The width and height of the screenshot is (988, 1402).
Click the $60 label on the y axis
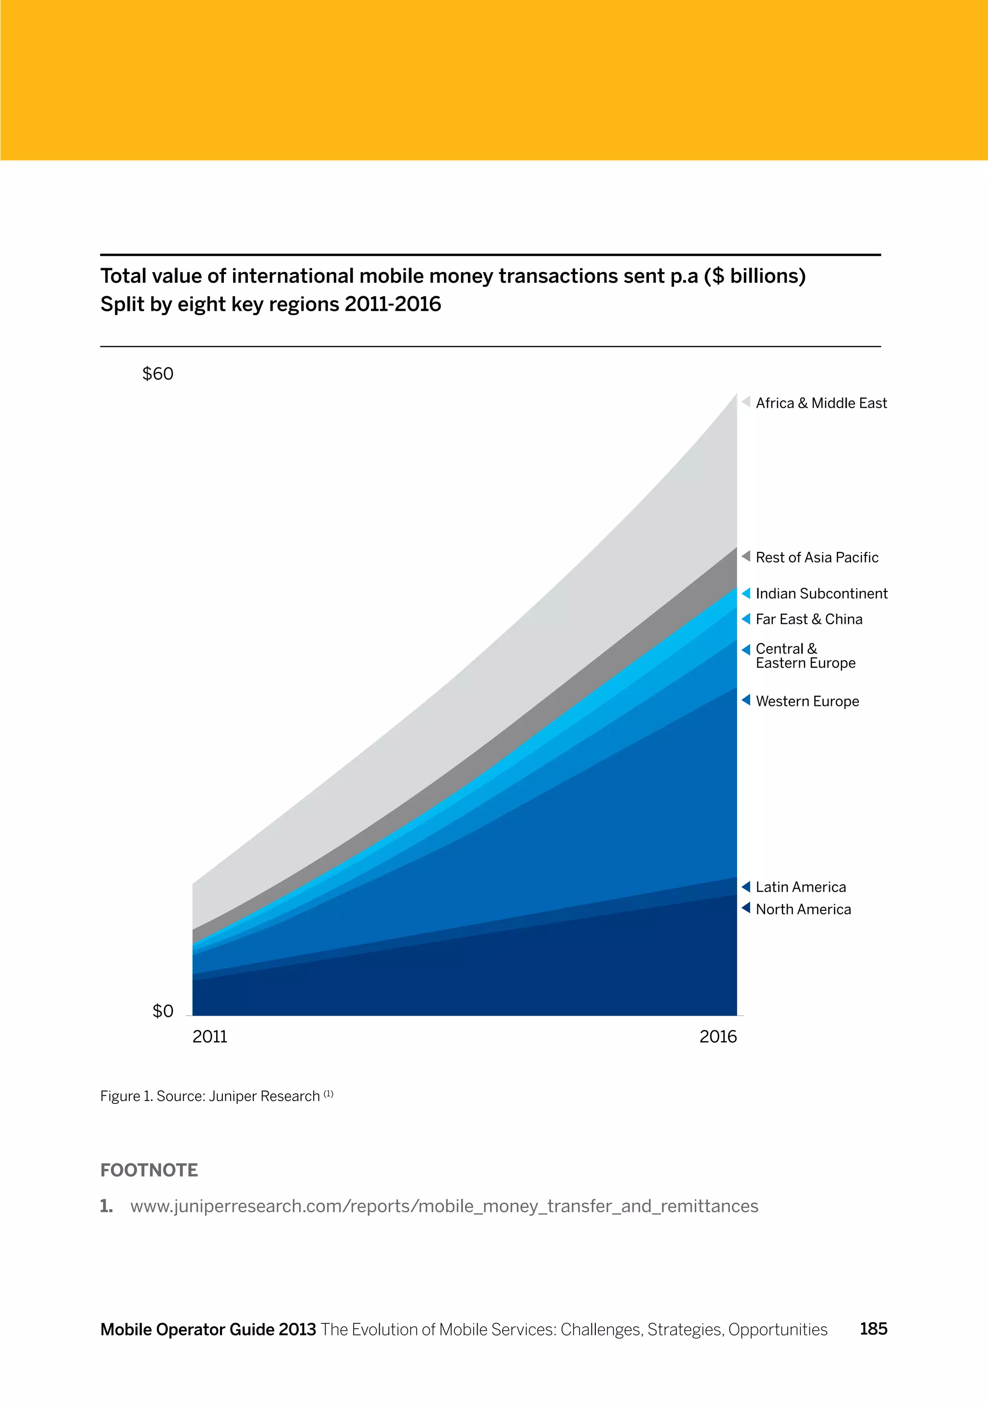pyautogui.click(x=158, y=374)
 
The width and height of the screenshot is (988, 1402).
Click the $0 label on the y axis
pyautogui.click(x=163, y=1011)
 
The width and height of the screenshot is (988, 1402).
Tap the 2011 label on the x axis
pyautogui.click(x=209, y=1036)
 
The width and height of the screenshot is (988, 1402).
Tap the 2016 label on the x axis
pyautogui.click(x=718, y=1036)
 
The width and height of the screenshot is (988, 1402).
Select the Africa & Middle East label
pyautogui.click(x=821, y=403)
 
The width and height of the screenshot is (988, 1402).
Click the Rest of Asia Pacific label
pyautogui.click(x=816, y=558)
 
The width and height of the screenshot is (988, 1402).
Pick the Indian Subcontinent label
pyautogui.click(x=821, y=593)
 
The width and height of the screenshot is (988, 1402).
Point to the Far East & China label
pyautogui.click(x=809, y=619)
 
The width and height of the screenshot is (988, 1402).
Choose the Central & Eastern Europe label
pyautogui.click(x=805, y=656)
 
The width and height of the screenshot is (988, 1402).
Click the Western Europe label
pyautogui.click(x=807, y=701)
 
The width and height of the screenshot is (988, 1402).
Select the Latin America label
pyautogui.click(x=800, y=887)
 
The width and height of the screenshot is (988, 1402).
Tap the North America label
pyautogui.click(x=803, y=909)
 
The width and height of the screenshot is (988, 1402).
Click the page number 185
pyautogui.click(x=873, y=1329)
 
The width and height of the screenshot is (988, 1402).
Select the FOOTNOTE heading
pyautogui.click(x=149, y=1170)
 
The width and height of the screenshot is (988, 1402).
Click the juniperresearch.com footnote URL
pyautogui.click(x=444, y=1206)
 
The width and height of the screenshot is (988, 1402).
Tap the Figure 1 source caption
pyautogui.click(x=216, y=1096)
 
